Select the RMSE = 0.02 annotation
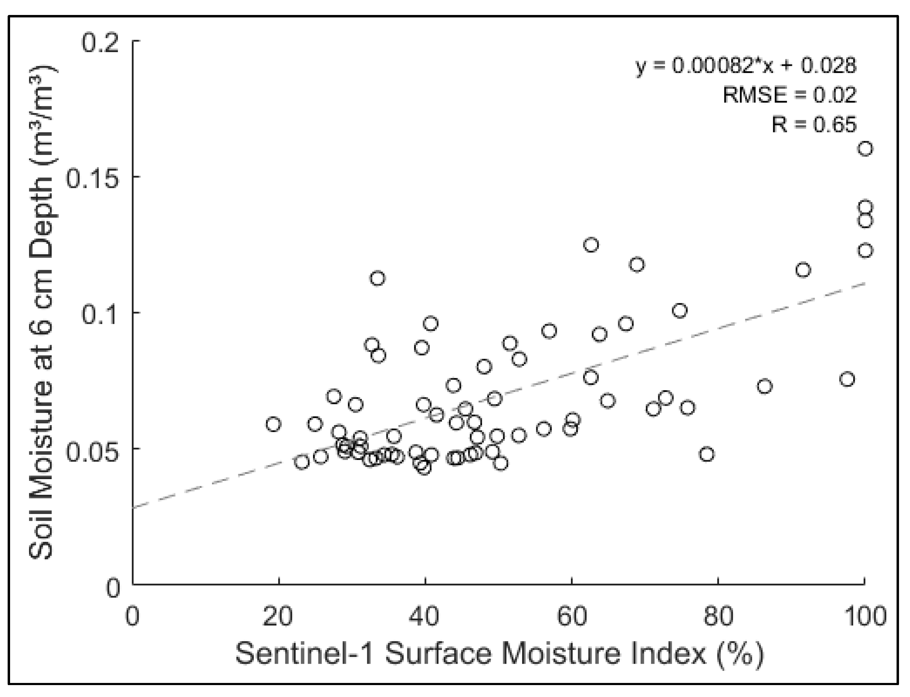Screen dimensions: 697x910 pos(789,95)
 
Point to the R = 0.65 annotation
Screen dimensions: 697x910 pos(814,124)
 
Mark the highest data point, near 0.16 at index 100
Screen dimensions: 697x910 pos(865,149)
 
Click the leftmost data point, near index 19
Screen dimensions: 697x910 pos(273,424)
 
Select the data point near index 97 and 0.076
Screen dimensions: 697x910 pos(847,379)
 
